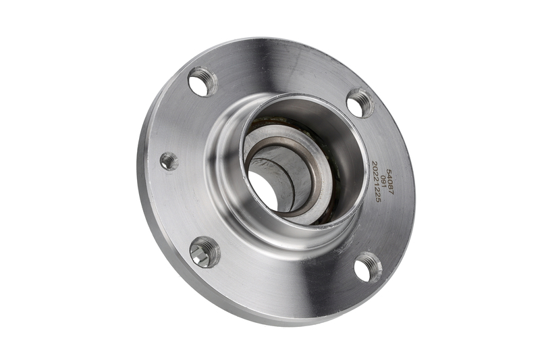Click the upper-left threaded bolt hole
pyautogui.click(x=202, y=82)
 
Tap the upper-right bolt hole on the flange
pyautogui.click(x=360, y=103)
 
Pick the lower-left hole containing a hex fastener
pyautogui.click(x=205, y=252)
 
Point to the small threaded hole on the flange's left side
pyautogui.click(x=169, y=161)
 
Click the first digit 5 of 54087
pyautogui.click(x=389, y=171)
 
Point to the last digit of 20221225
pyautogui.click(x=376, y=200)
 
